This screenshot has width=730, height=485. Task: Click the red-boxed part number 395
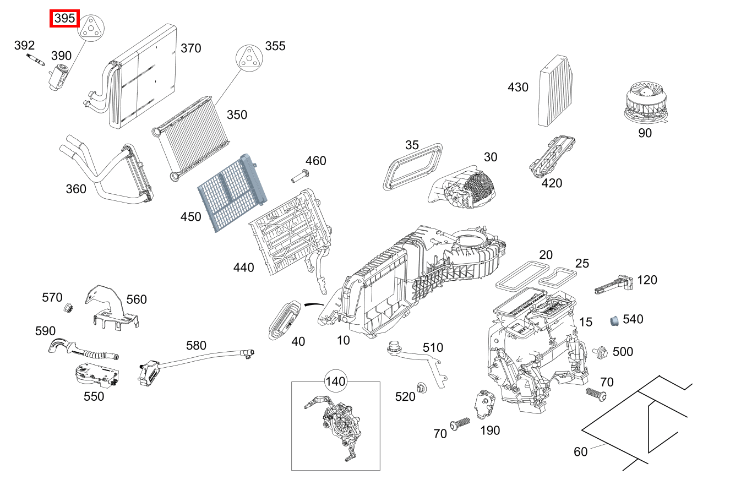(65, 19)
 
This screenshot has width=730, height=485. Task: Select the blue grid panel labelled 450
(231, 195)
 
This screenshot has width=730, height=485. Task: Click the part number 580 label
(196, 346)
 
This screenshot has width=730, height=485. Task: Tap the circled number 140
(335, 381)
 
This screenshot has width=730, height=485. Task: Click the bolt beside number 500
(600, 351)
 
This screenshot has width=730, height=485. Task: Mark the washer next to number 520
(422, 388)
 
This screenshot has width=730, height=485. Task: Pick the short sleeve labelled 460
(299, 177)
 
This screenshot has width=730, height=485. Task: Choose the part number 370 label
(191, 48)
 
